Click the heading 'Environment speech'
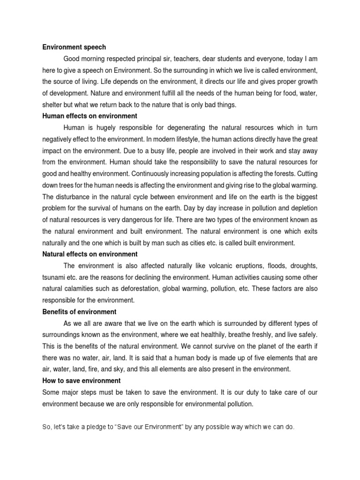pyautogui.click(x=74, y=47)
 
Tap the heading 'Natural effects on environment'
pyautogui.click(x=90, y=254)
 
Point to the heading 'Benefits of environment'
pyautogui.click(x=79, y=312)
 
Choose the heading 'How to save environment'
pyautogui.click(x=82, y=381)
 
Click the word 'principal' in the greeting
pyautogui.click(x=154, y=59)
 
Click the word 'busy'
pyautogui.click(x=141, y=151)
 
